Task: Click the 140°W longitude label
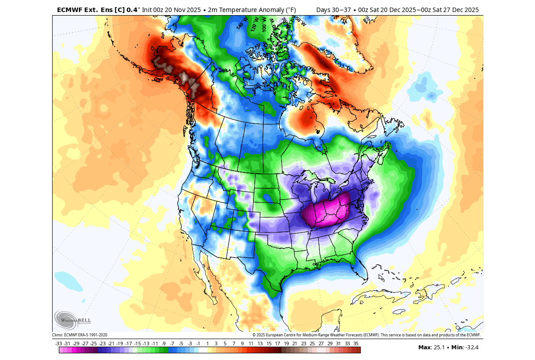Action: click(x=241, y=23)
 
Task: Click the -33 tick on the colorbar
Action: click(x=58, y=344)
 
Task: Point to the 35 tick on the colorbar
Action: click(x=355, y=344)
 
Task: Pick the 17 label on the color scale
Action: click(x=277, y=344)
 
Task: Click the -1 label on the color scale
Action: click(x=198, y=344)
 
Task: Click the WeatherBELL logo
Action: click(x=73, y=320)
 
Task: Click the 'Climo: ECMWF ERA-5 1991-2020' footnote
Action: click(x=80, y=335)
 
